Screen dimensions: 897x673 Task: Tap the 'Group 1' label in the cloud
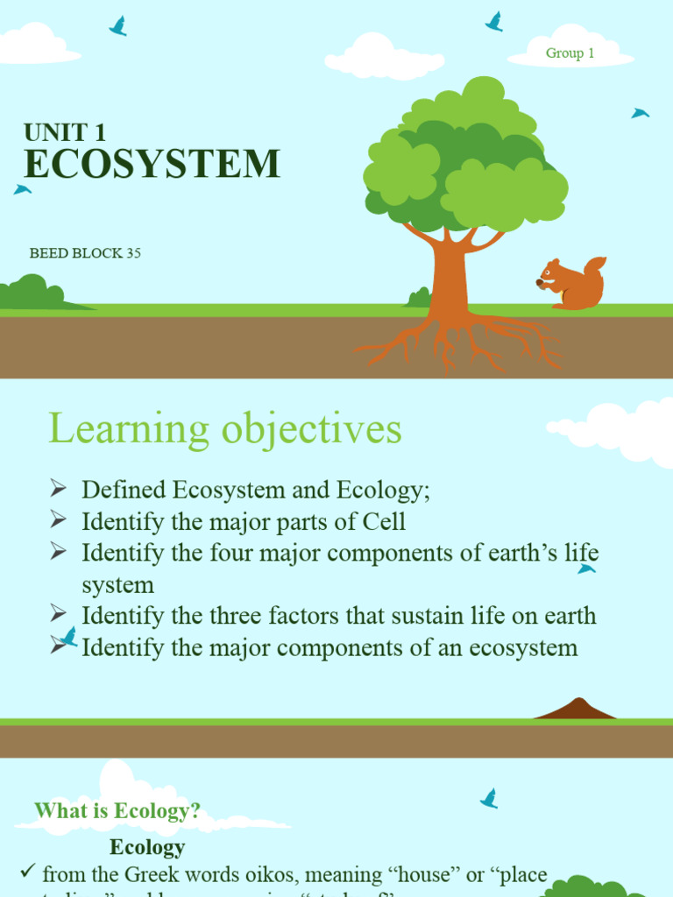570,53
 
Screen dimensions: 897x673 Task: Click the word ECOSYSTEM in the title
152,165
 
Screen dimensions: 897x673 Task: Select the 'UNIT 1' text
65,132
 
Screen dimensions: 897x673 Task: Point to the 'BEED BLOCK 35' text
85,254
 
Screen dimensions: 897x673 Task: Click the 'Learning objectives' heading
225,429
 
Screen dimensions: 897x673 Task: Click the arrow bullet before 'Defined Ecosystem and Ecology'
59,488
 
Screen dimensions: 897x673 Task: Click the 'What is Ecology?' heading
117,811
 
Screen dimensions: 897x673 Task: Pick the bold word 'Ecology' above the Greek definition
147,847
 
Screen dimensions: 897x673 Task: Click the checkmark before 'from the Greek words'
27,872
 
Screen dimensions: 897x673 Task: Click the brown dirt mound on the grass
576,710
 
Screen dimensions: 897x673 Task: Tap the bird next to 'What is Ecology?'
489,798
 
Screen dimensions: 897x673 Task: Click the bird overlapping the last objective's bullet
67,638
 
